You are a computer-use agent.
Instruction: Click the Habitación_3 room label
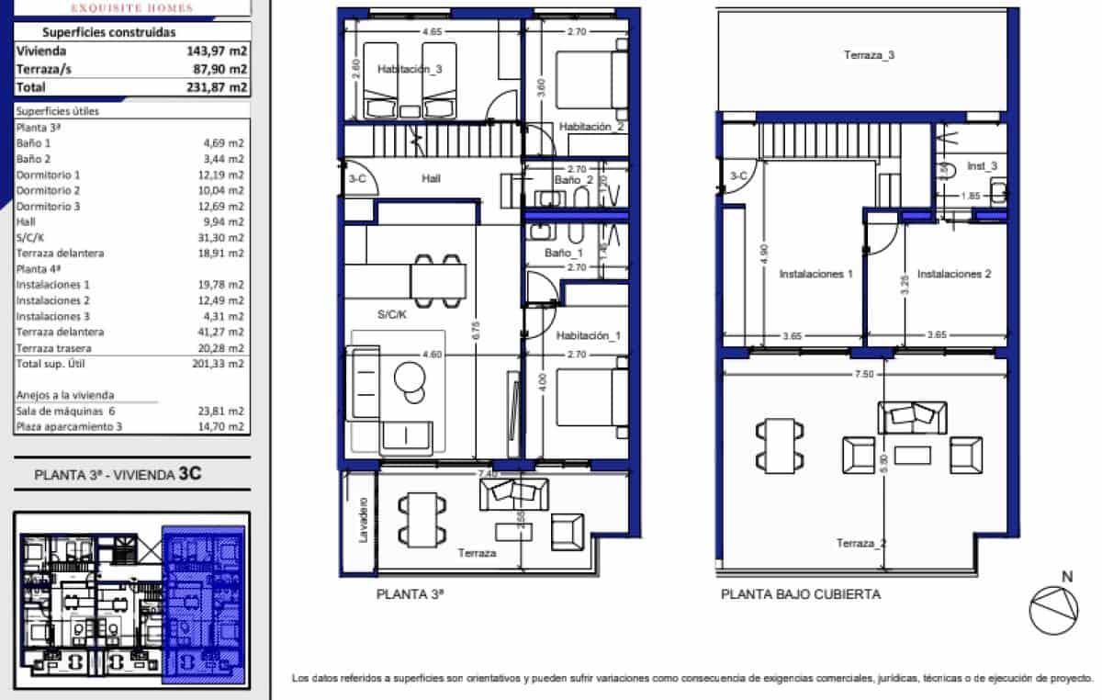[x=410, y=69]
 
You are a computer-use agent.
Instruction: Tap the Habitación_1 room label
[x=589, y=336]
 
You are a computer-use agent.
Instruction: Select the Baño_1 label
[x=564, y=253]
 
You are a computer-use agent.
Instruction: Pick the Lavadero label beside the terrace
[x=364, y=521]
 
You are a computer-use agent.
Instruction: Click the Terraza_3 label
[x=869, y=55]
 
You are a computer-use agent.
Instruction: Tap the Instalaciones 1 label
[x=816, y=274]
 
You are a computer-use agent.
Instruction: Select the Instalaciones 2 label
[x=954, y=274]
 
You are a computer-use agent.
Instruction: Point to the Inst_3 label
[x=983, y=165]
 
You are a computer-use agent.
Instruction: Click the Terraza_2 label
[x=861, y=543]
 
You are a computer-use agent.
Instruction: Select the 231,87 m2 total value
[x=217, y=87]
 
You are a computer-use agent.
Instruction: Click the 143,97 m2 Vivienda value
[x=217, y=51]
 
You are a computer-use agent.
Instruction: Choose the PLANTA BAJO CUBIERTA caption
[x=800, y=594]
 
